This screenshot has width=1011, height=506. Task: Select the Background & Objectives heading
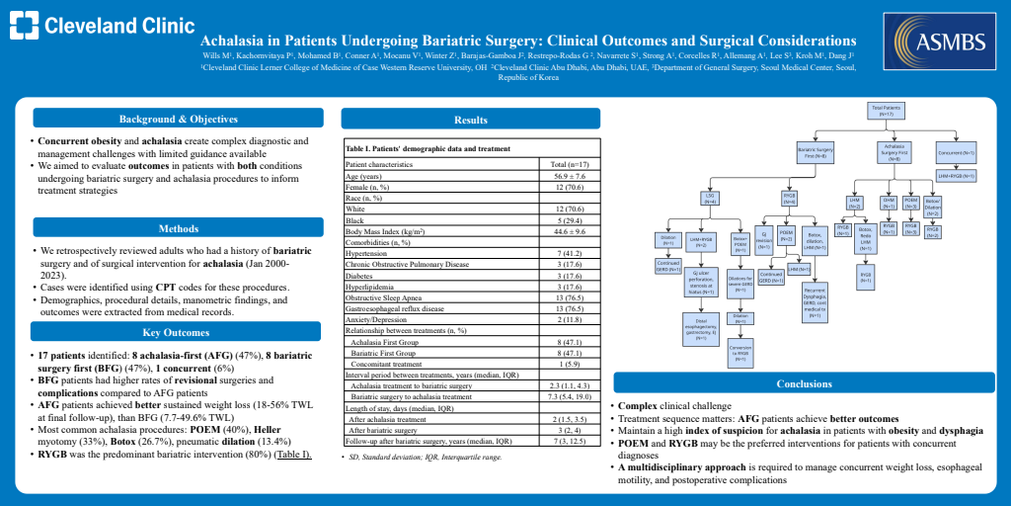point(179,120)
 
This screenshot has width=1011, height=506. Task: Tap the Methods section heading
point(179,227)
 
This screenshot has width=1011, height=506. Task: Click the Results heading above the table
point(471,120)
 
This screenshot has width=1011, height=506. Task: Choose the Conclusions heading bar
point(804,383)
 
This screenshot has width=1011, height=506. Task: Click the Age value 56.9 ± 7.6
point(571,176)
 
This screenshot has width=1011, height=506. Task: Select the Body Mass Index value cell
point(571,230)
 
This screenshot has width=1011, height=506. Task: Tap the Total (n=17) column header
point(571,163)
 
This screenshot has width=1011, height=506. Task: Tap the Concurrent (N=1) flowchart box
point(956,153)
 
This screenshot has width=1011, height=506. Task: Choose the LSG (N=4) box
point(709,198)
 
